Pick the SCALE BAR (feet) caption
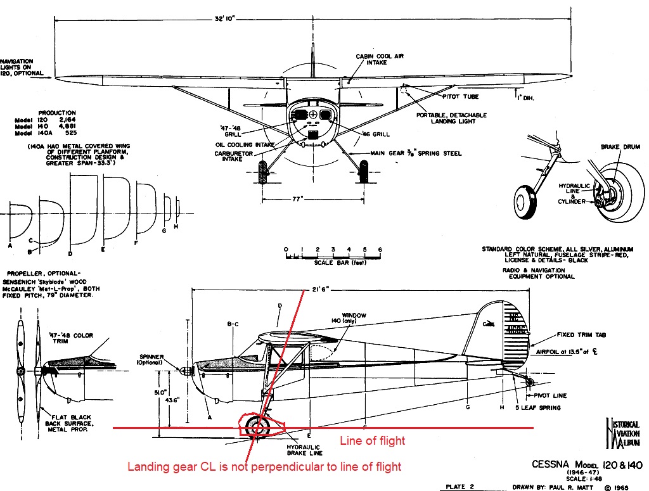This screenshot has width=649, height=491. pyautogui.click(x=333, y=261)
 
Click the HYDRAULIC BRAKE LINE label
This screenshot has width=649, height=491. pyautogui.click(x=305, y=449)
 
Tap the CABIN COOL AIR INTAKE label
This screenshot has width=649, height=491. pyautogui.click(x=380, y=60)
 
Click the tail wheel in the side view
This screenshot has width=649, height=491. pyautogui.click(x=529, y=381)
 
